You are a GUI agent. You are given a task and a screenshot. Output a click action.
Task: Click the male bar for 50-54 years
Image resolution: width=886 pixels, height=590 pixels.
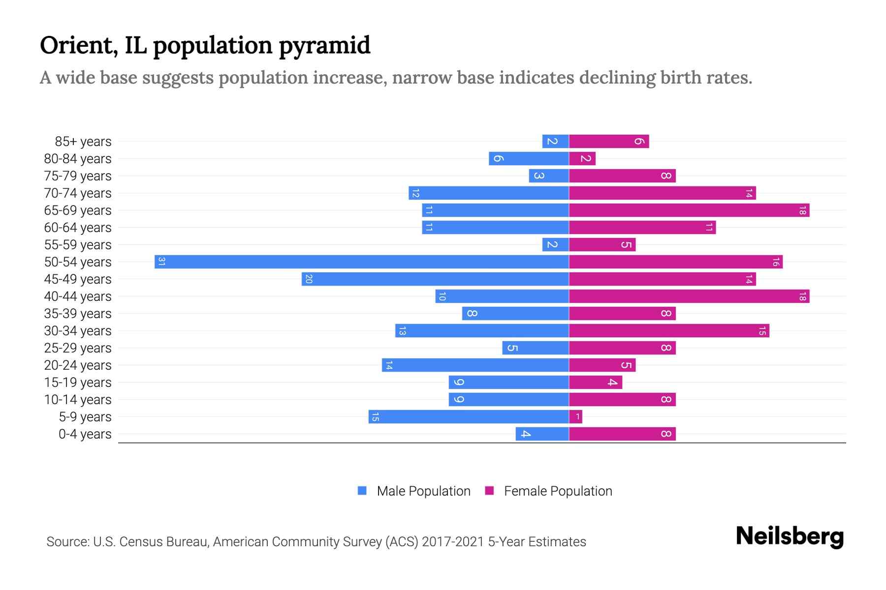pyautogui.click(x=362, y=262)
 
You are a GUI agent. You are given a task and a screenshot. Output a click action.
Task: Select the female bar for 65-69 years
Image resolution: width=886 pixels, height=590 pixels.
pyautogui.click(x=689, y=210)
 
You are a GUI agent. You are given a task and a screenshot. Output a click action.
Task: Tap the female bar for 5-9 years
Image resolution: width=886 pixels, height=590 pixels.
pyautogui.click(x=575, y=417)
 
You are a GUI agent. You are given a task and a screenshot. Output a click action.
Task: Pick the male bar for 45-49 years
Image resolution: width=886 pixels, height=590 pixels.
pyautogui.click(x=435, y=279)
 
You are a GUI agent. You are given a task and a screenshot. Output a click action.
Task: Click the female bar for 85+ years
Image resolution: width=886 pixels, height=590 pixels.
pyautogui.click(x=609, y=142)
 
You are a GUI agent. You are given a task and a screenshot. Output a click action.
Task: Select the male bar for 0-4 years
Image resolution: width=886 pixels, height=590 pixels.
pyautogui.click(x=542, y=434)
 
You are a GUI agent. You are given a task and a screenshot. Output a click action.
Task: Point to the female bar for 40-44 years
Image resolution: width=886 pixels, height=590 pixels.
pyautogui.click(x=689, y=296)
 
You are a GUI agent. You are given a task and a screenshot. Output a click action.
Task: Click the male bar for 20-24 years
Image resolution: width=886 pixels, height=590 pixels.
pyautogui.click(x=475, y=365)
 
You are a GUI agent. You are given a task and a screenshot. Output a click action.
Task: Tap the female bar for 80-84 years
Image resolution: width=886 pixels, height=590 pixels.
pyautogui.click(x=582, y=159)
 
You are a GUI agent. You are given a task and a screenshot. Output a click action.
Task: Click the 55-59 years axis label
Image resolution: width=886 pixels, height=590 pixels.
pyautogui.click(x=78, y=245)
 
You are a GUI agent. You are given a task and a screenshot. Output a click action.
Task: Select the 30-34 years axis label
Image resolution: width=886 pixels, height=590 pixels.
pyautogui.click(x=78, y=331)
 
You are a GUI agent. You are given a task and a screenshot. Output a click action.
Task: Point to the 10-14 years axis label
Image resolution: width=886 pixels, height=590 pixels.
pyautogui.click(x=78, y=400)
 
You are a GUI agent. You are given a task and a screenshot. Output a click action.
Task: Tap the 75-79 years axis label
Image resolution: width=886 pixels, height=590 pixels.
pyautogui.click(x=78, y=176)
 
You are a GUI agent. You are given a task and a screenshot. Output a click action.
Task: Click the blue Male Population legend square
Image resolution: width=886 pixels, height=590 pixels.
pyautogui.click(x=362, y=491)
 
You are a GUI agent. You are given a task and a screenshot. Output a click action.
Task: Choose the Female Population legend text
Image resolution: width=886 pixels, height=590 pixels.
pyautogui.click(x=558, y=491)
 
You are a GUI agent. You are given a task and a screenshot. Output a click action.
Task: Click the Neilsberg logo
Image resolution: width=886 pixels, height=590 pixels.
pyautogui.click(x=790, y=536)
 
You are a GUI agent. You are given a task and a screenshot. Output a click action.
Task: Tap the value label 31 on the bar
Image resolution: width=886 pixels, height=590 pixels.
pyautogui.click(x=161, y=262)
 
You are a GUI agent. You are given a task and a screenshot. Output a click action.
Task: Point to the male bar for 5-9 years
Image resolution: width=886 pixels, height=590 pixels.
pyautogui.click(x=469, y=417)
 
